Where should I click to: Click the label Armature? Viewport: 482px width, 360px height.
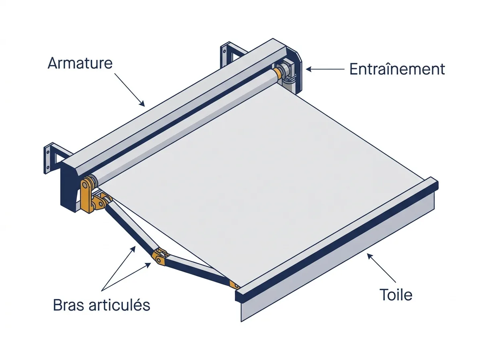pos(80,63)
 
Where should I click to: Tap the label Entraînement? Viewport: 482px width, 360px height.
pos(397,69)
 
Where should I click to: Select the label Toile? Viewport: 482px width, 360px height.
pos(396,295)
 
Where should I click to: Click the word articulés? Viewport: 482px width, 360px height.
pos(119,305)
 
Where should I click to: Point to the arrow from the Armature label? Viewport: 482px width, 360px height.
pos(130,90)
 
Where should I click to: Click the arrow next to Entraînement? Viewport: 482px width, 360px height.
pos(325,69)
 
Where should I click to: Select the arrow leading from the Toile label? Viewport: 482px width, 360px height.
pos(382,268)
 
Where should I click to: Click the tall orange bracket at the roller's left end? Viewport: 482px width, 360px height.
pos(86,194)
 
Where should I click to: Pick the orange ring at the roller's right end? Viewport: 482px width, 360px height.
pos(277,73)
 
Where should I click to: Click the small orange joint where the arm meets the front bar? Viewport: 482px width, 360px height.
pos(234,284)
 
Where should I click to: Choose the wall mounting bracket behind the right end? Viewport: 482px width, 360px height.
pos(232,54)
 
